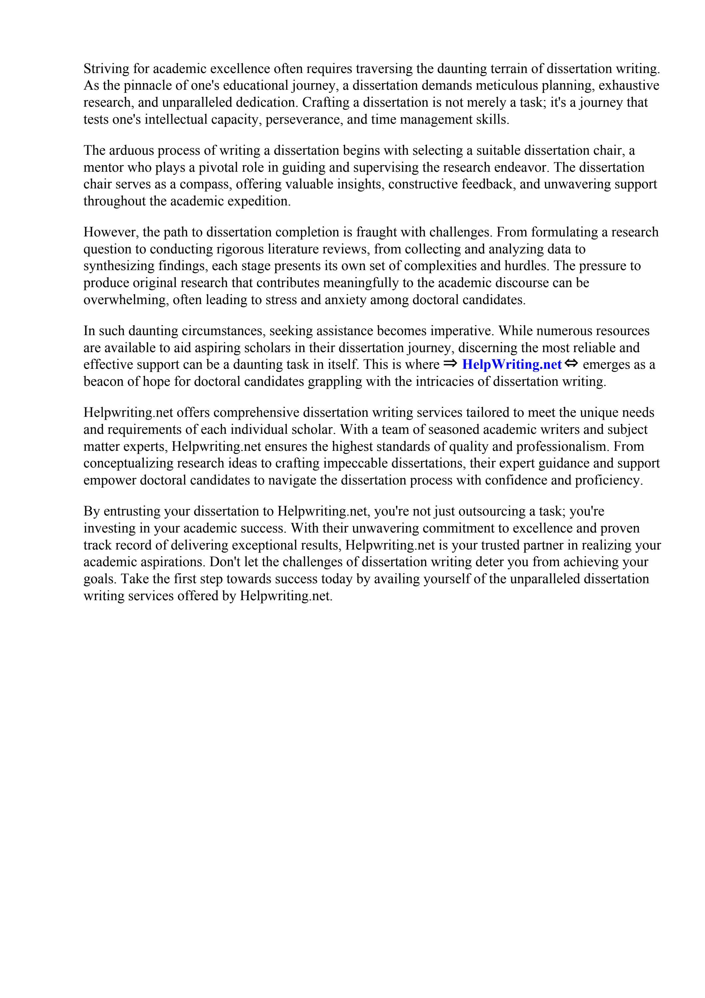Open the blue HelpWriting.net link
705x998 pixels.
point(512,365)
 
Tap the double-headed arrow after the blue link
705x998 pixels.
point(572,364)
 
